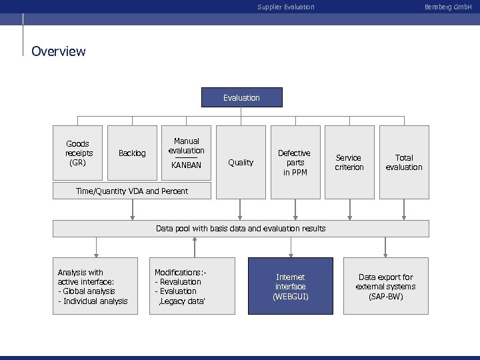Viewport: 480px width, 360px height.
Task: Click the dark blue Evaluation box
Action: click(x=241, y=98)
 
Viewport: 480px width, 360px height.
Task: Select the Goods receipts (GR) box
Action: click(x=78, y=153)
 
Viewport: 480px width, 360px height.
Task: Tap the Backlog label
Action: click(x=131, y=153)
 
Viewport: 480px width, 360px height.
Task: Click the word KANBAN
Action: click(x=186, y=164)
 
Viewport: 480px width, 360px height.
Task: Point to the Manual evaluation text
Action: click(x=186, y=146)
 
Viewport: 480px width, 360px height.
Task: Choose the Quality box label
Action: click(x=241, y=162)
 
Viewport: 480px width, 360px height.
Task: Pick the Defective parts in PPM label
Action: click(x=294, y=163)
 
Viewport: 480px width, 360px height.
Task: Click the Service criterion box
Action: click(x=349, y=162)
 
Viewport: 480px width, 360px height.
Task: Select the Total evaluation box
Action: click(x=404, y=162)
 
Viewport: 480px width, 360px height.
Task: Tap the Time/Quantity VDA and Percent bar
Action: click(x=132, y=191)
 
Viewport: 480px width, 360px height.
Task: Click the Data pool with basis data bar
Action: click(x=241, y=229)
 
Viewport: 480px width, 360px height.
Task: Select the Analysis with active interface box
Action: click(x=96, y=286)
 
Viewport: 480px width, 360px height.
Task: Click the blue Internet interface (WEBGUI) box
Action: click(x=290, y=286)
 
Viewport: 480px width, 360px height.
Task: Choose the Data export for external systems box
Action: click(x=385, y=286)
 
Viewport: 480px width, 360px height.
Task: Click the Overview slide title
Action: click(x=59, y=51)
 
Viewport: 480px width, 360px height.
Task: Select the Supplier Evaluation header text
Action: click(x=285, y=7)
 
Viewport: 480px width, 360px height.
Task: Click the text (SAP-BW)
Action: click(x=385, y=296)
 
